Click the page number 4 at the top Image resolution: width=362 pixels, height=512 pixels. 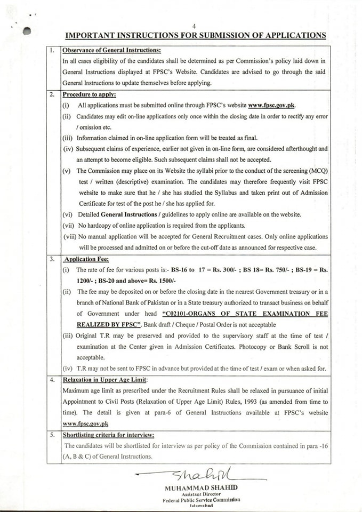click(195, 26)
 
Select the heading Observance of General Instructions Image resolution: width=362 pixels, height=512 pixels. click(111, 51)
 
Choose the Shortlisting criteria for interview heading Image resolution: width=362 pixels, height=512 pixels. click(108, 435)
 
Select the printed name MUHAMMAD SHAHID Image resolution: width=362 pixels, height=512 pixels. click(201, 489)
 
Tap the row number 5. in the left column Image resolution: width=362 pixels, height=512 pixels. click(52, 435)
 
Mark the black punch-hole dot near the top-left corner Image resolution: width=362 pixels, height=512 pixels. click(27, 31)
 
